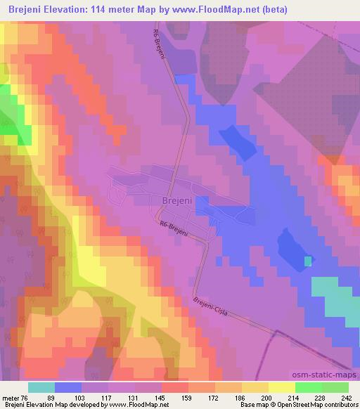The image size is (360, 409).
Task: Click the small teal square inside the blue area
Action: [308, 261]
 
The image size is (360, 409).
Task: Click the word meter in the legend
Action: [11, 397]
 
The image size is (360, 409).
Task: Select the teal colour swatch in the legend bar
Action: [41, 387]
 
